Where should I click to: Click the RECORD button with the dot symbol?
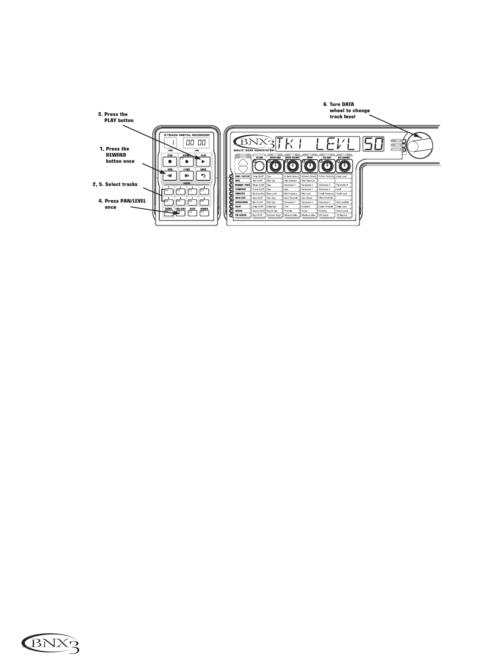(186, 161)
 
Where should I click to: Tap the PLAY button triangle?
(203, 161)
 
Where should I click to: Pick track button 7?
(193, 202)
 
